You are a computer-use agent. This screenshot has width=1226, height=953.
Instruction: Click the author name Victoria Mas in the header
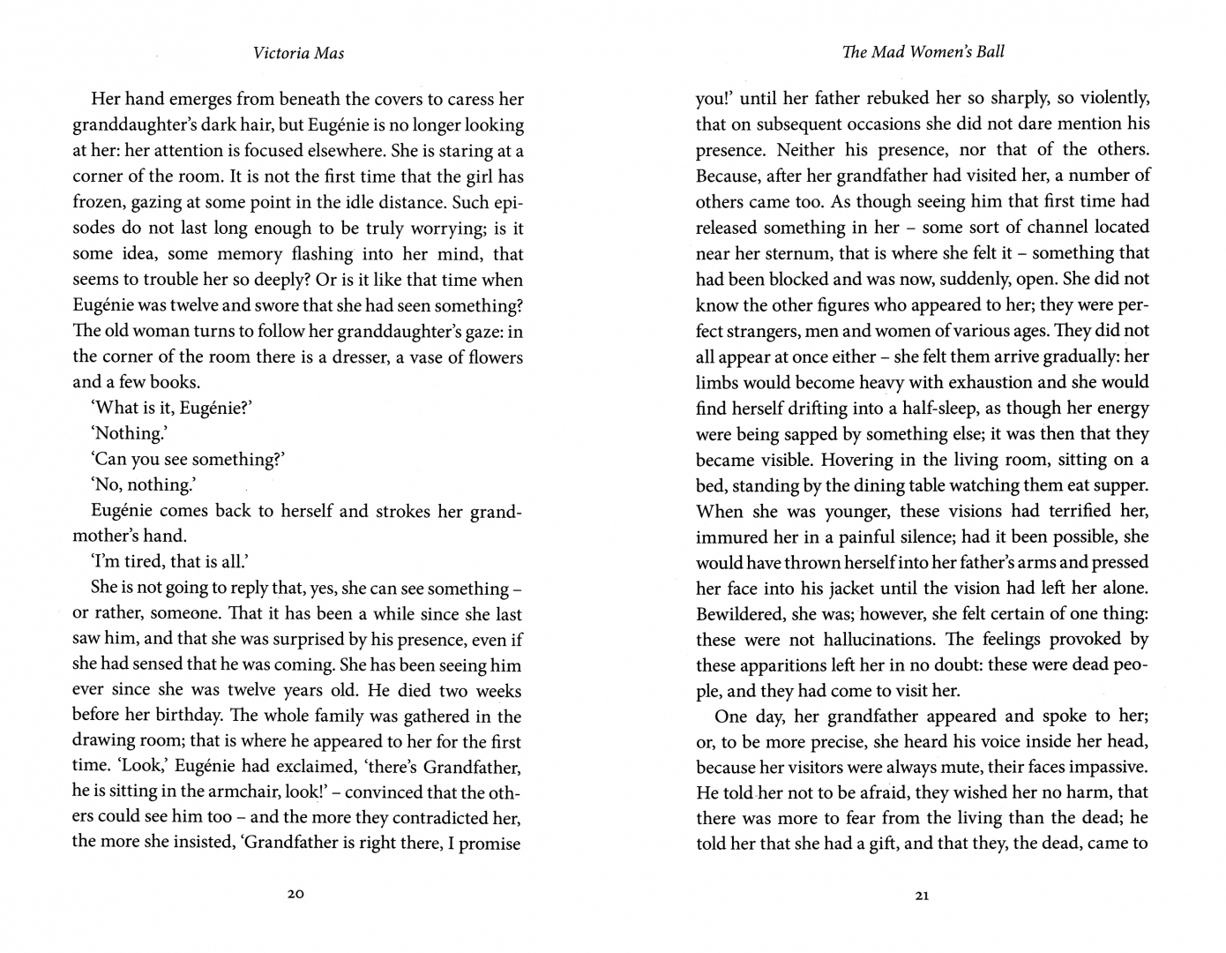(298, 53)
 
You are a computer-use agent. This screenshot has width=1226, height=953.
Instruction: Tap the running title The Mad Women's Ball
(923, 52)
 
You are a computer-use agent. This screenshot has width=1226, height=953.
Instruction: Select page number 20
(295, 895)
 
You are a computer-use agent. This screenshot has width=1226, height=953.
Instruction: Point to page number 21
(922, 896)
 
